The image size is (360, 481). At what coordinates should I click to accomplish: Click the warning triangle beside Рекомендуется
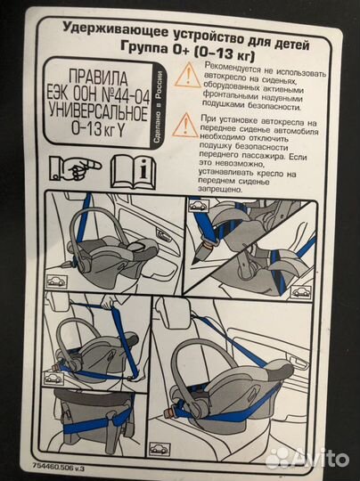coord(184,75)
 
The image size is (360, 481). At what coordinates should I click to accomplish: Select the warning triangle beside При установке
coord(184,124)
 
